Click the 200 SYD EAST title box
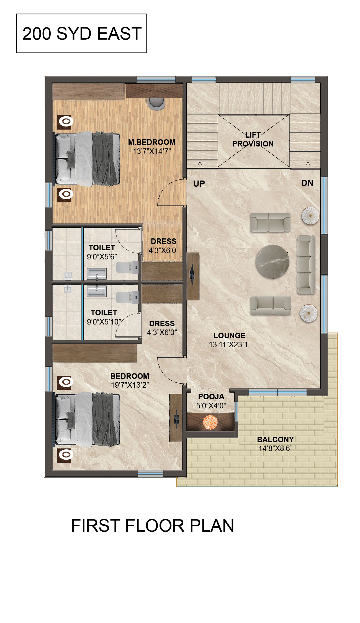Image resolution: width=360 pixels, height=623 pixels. [82, 33]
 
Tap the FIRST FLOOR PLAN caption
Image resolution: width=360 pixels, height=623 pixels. [153, 526]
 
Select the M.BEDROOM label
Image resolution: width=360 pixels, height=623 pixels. [152, 142]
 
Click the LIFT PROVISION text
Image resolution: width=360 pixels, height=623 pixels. [253, 139]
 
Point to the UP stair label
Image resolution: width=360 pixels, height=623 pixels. [199, 184]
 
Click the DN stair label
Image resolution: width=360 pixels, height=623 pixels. [307, 183]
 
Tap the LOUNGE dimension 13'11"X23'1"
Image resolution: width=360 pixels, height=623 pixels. [230, 344]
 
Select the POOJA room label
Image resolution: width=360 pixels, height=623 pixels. [211, 397]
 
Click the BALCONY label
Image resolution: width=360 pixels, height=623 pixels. [276, 439]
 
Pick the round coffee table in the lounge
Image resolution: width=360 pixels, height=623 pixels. [272, 262]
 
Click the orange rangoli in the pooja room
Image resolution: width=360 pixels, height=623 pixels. [210, 422]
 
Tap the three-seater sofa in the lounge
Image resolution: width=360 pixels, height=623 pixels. [306, 264]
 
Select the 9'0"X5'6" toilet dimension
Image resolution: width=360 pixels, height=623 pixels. [102, 257]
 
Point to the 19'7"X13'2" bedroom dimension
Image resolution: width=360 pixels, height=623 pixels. [130, 385]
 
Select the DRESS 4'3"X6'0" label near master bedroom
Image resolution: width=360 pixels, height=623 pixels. [164, 246]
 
